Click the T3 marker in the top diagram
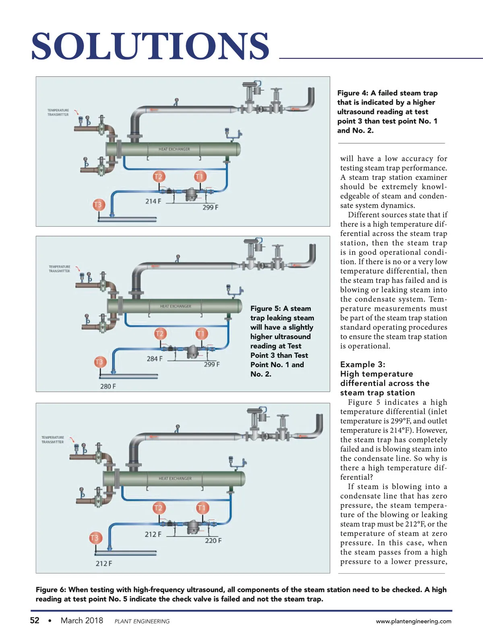[98, 204]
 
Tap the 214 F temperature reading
[153, 201]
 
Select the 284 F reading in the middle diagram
[155, 358]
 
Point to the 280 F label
[108, 386]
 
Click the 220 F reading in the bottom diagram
[213, 540]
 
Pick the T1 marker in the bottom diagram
[201, 508]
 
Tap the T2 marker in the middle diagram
[159, 333]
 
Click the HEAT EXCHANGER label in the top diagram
[174, 149]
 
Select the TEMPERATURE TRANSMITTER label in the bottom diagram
[52, 440]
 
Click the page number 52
[35, 620]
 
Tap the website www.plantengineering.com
[413, 621]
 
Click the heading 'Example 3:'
[362, 364]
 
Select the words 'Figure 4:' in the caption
[353, 93]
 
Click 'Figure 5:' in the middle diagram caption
[265, 308]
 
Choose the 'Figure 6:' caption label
[51, 590]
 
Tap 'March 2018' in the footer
[82, 620]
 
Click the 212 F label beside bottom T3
[104, 563]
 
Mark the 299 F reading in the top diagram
[210, 207]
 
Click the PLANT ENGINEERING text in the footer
[142, 621]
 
